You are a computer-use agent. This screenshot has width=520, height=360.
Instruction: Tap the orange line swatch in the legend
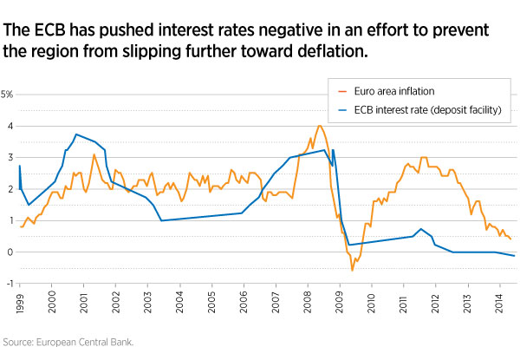coord(342,90)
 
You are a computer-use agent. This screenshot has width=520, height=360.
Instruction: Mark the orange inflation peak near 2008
coord(320,126)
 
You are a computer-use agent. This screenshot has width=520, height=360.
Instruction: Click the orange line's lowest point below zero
coord(352,270)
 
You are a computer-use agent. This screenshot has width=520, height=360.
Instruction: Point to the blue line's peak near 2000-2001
coord(76,134)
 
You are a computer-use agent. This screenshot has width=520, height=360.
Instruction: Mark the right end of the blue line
coord(515,256)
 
